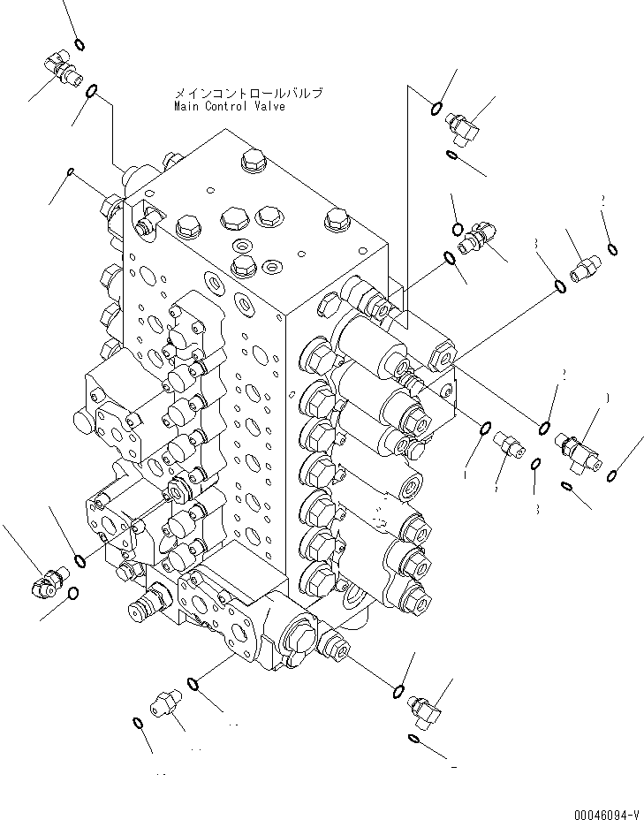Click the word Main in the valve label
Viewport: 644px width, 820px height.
[x=186, y=106]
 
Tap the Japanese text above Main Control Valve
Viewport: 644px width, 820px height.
[x=248, y=93]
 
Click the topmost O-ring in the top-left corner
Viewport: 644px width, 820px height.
[x=80, y=45]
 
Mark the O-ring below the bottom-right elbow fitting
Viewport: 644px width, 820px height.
[x=415, y=739]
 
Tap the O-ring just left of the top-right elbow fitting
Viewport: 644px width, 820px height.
[x=436, y=109]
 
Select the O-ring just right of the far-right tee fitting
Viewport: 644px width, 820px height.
[x=611, y=476]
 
